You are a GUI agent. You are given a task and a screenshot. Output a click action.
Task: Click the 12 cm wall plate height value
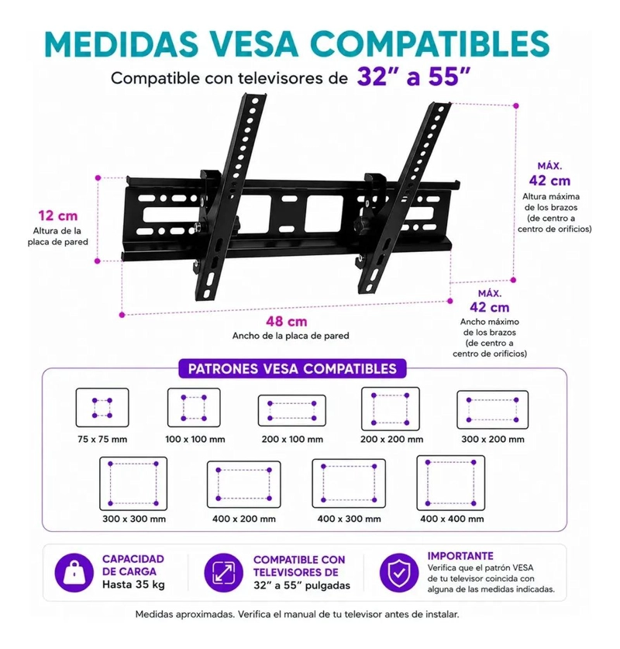(58, 216)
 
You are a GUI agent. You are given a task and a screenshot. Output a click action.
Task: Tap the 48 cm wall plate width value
(287, 322)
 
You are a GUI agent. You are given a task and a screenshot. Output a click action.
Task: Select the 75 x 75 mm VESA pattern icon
(102, 408)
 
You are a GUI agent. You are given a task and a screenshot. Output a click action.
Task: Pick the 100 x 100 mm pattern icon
(194, 408)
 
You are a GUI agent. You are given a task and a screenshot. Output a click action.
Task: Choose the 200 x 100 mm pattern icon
(291, 411)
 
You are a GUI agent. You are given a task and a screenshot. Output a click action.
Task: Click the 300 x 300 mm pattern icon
(133, 483)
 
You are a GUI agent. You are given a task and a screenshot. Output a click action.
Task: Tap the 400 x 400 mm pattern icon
(450, 482)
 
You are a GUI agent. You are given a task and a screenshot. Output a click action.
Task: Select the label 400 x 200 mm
(244, 519)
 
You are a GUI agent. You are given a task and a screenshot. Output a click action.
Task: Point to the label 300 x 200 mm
(493, 439)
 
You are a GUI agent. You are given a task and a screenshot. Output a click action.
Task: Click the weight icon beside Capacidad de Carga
(74, 573)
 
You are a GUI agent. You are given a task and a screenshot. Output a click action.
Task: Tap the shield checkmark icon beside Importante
(398, 573)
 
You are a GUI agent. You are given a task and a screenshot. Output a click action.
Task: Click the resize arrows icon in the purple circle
(224, 573)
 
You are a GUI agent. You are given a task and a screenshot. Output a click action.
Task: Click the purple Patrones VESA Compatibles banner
(292, 368)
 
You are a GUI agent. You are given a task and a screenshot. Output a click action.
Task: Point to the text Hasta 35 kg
(133, 585)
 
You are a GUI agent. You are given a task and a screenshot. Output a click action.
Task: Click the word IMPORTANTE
(460, 556)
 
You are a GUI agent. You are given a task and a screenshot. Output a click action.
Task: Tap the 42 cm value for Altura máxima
(549, 181)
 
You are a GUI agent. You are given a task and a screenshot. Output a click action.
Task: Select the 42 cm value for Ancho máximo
(489, 308)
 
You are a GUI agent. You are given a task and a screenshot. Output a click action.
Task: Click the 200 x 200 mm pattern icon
(391, 409)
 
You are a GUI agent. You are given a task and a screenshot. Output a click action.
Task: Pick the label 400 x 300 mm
(349, 519)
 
